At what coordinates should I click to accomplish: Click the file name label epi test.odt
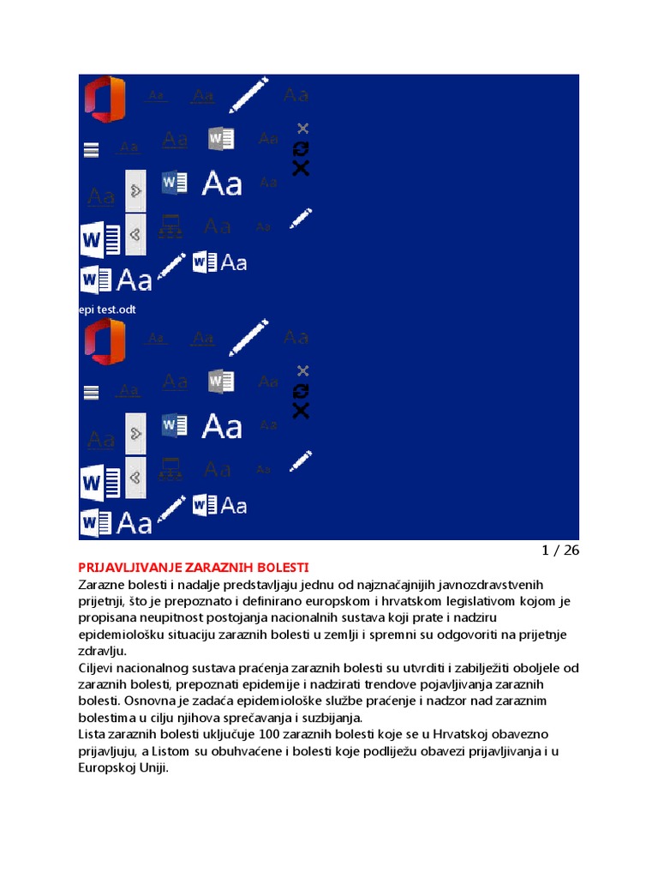tap(107, 310)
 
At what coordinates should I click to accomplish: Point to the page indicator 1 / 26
tap(560, 550)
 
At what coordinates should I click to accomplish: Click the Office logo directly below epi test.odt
tap(104, 341)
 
